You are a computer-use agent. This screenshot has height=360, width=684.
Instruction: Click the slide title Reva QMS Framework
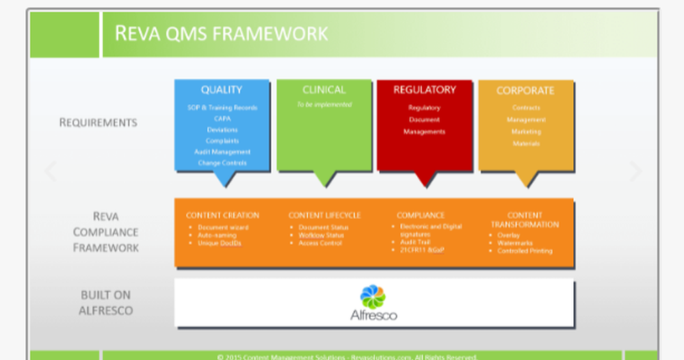click(x=220, y=33)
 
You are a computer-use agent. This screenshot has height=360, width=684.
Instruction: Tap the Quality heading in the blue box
click(x=221, y=90)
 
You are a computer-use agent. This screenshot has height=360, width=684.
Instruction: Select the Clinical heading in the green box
click(x=324, y=90)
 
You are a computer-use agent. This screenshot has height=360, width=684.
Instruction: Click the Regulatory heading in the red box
click(x=424, y=90)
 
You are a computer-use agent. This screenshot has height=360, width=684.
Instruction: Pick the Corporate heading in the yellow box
click(x=525, y=90)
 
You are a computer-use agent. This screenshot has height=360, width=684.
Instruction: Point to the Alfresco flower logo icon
click(x=373, y=296)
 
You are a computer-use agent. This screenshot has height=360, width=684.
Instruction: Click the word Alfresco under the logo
click(x=373, y=316)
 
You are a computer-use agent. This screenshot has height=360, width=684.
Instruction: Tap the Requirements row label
click(x=98, y=123)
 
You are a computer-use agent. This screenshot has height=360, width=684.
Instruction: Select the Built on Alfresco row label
click(x=105, y=303)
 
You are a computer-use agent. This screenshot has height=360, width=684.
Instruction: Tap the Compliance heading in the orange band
click(x=420, y=215)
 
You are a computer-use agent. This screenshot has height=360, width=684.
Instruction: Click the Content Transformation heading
click(x=525, y=220)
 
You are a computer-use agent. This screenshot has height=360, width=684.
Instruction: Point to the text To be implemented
click(x=324, y=105)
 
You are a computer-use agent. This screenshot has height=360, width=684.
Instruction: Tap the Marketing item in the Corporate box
click(x=525, y=131)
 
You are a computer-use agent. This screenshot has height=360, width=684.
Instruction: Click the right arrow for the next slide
click(x=635, y=171)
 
